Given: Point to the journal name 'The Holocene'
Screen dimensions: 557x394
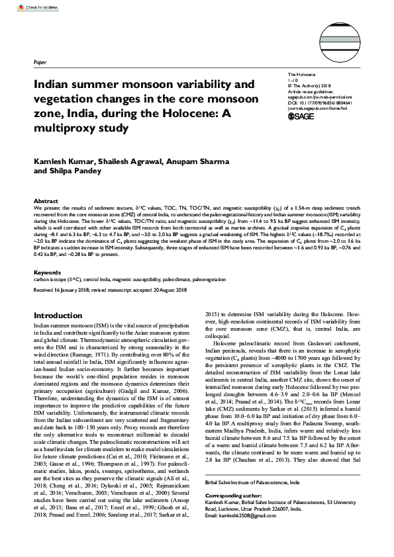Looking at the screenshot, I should [x=302, y=74].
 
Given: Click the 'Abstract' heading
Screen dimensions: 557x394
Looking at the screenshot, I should [x=44, y=200].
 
